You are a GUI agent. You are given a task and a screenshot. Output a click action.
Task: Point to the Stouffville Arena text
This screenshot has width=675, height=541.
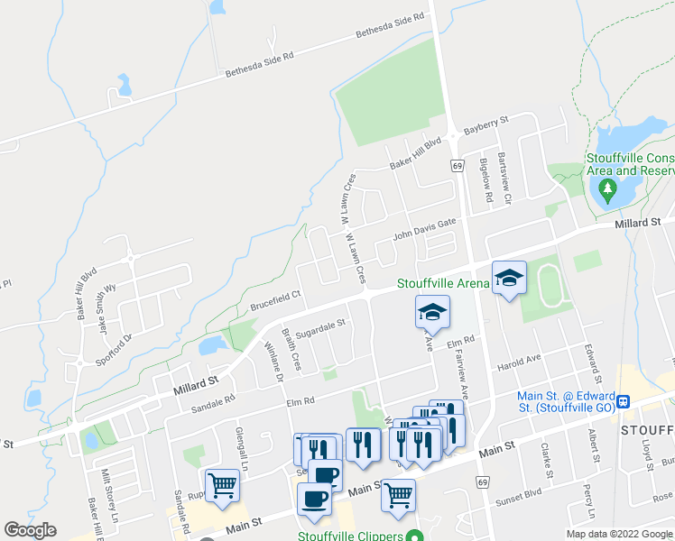tap(443, 283)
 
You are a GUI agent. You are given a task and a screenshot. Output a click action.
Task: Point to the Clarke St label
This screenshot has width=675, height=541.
tap(546, 461)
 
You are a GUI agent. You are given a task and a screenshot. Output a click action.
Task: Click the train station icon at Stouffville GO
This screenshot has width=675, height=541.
tap(623, 399)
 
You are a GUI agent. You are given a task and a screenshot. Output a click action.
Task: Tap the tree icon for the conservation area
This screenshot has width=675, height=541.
tap(608, 189)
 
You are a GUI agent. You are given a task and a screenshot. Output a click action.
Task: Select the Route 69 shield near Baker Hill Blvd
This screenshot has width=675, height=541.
tap(458, 166)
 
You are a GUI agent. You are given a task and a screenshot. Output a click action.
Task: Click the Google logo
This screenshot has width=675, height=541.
tap(30, 530)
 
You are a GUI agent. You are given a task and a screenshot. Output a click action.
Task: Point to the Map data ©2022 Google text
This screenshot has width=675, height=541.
tap(618, 534)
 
